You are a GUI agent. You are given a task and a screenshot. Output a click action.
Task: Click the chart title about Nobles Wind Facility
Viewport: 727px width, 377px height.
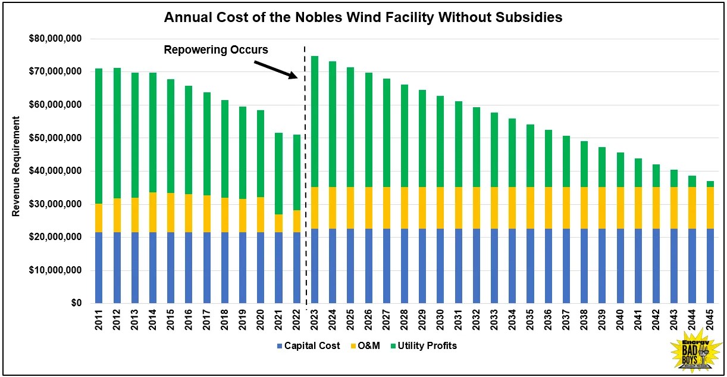[363, 18]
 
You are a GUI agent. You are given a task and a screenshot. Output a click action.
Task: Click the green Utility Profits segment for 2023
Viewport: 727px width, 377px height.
[315, 122]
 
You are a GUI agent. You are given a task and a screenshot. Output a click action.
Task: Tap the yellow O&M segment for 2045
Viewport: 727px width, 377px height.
[709, 208]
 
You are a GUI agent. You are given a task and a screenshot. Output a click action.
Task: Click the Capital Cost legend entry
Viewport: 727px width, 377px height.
[308, 345]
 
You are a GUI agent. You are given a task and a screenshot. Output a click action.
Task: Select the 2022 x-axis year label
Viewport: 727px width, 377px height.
[297, 322]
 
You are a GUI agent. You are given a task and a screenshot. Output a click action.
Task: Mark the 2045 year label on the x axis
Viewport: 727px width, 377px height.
[710, 322]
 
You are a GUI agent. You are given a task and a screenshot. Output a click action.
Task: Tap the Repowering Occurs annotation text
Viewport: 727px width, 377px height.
[215, 50]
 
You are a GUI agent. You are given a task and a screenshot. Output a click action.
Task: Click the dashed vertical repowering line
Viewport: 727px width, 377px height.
[306, 179]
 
